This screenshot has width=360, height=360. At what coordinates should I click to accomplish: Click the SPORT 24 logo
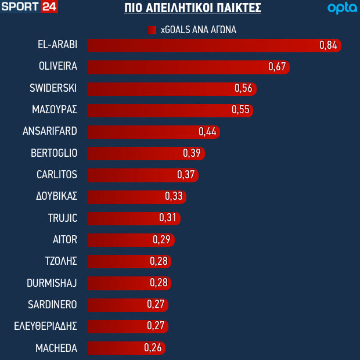(x=30, y=8)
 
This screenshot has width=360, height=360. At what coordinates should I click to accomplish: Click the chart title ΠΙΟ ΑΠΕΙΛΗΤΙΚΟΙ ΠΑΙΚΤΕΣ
(x=193, y=8)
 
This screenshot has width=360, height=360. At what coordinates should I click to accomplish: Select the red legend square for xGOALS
(x=153, y=30)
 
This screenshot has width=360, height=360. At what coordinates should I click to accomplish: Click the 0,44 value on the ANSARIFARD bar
(x=207, y=131)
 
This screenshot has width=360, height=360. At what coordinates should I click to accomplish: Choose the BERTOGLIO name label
(x=54, y=153)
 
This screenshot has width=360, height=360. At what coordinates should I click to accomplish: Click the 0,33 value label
(x=174, y=196)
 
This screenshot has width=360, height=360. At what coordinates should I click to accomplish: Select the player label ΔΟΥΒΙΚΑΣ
(x=56, y=196)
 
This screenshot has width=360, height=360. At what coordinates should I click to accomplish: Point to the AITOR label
(x=64, y=239)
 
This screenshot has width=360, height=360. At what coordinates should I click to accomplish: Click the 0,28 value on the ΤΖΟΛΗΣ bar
(x=159, y=261)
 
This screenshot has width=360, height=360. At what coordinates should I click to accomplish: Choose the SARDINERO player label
(x=52, y=304)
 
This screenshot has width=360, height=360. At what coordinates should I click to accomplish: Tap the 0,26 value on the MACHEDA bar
(x=153, y=348)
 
